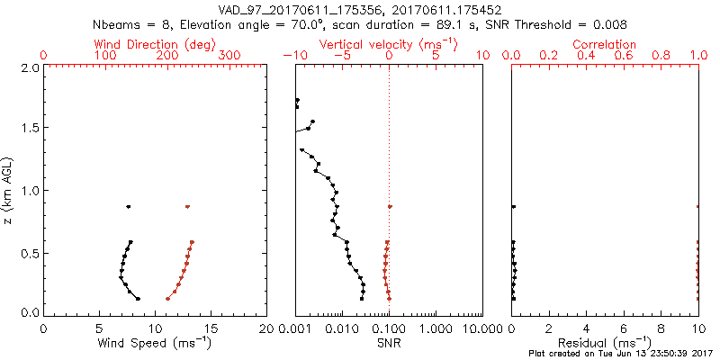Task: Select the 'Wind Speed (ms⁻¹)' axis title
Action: pos(155,342)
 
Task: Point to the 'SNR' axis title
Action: pos(389,342)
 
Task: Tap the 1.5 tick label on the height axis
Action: pos(30,129)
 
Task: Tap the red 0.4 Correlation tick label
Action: pos(586,56)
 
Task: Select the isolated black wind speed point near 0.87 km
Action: pos(129,207)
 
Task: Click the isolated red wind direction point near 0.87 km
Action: pos(187,207)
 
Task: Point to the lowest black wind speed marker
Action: pos(138,298)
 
